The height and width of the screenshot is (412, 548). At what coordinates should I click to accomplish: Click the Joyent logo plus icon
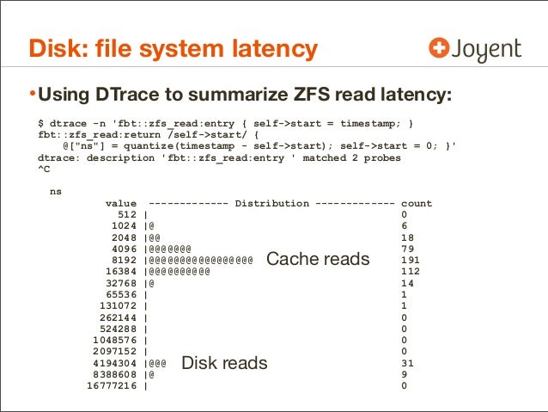[x=440, y=48]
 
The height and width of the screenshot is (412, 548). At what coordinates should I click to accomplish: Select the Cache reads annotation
[x=318, y=259]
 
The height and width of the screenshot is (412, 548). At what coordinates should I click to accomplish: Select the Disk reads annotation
[x=225, y=364]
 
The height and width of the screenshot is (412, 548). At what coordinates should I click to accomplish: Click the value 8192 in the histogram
[x=125, y=260]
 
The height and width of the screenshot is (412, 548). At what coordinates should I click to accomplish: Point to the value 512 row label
[x=128, y=215]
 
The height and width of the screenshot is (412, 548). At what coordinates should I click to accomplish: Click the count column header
[x=417, y=204]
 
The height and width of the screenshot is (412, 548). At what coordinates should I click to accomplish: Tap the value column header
[x=122, y=204]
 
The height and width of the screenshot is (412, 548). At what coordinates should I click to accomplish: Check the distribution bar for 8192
[x=198, y=260]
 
